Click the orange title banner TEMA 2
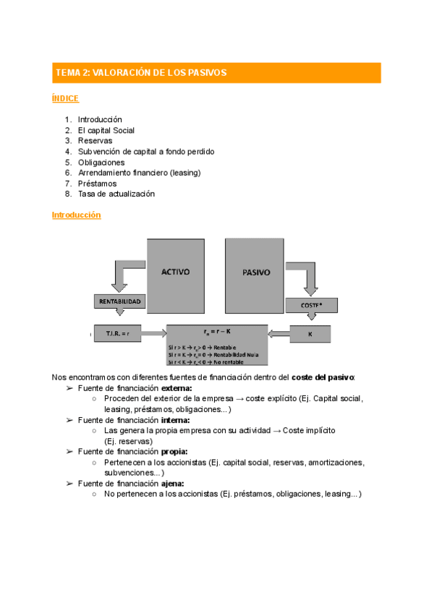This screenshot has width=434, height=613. click(216, 73)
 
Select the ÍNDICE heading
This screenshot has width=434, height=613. click(65, 98)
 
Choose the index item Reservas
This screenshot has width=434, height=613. click(95, 141)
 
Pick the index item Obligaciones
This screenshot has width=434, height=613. click(101, 162)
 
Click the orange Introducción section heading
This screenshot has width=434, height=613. click(76, 215)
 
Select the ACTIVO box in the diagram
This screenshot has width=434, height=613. click(175, 273)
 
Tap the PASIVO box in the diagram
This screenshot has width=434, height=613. click(252, 273)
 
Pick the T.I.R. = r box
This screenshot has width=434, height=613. click(117, 333)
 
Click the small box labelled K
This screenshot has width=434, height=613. click(310, 333)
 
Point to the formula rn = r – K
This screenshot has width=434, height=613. click(216, 332)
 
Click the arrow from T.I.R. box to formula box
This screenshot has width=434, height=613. click(153, 333)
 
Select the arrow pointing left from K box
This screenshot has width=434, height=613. click(278, 333)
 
